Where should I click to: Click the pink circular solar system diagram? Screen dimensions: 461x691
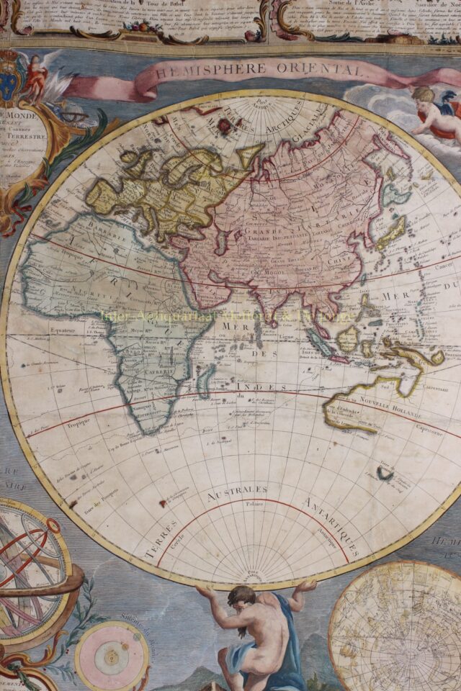(112, 656)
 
